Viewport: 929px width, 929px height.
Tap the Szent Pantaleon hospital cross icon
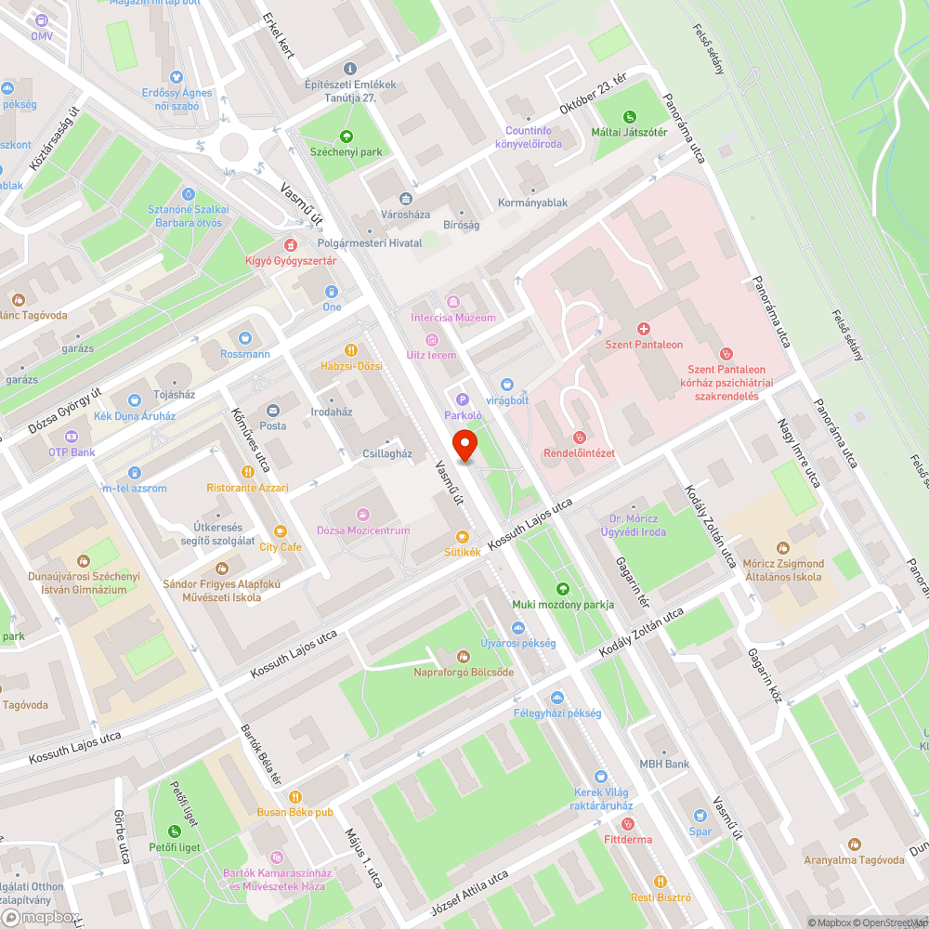(643, 329)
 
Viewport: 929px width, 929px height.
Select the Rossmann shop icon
(245, 339)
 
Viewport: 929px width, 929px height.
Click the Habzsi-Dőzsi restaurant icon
(351, 350)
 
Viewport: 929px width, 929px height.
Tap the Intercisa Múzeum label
(453, 318)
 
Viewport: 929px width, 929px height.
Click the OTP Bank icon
(72, 437)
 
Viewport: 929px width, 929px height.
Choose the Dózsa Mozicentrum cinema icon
(362, 515)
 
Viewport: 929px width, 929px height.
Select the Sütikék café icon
(463, 536)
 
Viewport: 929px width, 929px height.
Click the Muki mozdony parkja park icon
(562, 589)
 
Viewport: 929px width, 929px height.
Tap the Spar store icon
(700, 816)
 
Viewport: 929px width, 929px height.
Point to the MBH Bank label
(663, 765)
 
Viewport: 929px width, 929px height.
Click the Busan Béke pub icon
(295, 796)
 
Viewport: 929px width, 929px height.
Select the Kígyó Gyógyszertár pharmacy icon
(291, 245)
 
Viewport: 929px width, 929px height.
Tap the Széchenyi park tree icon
(347, 136)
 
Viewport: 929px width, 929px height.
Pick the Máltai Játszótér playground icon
(630, 116)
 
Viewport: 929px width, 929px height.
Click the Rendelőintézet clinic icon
(579, 437)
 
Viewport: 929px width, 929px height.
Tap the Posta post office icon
(273, 411)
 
